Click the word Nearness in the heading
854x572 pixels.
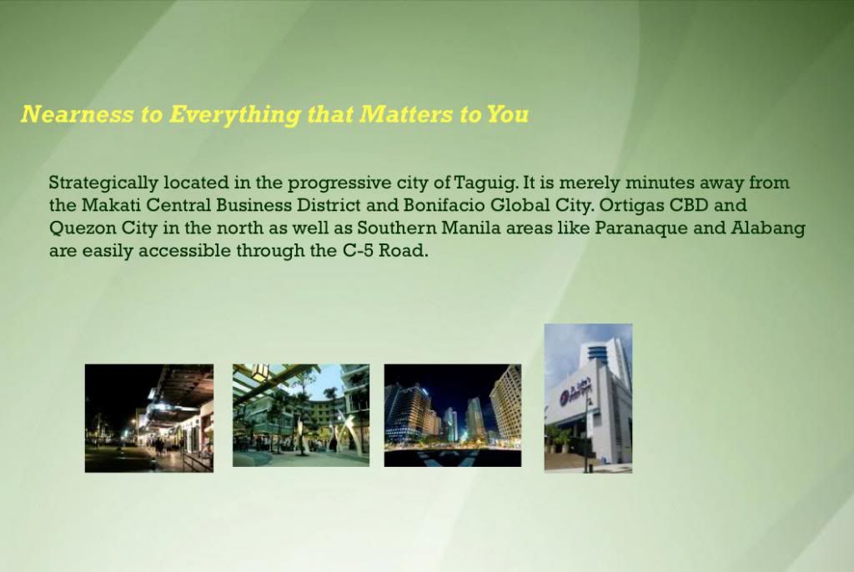[x=77, y=114]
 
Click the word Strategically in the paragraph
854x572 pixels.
[x=103, y=183]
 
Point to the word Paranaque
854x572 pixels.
[x=641, y=228]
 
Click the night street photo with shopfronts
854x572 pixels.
[x=149, y=419]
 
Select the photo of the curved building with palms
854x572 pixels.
[x=301, y=415]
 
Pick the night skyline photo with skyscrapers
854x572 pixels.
[x=453, y=415]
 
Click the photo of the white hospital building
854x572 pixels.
[x=588, y=399]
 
